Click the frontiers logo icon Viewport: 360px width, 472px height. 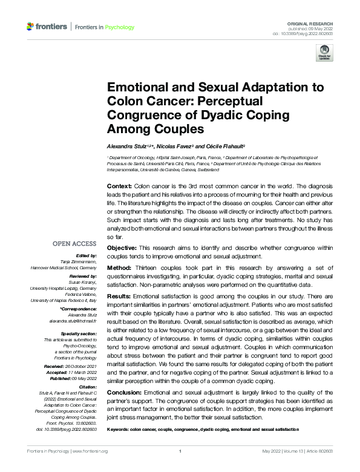click(x=31, y=27)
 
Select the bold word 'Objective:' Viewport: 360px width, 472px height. click(x=122, y=249)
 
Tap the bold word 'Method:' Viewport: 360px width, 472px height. click(x=119, y=267)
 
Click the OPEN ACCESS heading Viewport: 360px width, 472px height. click(x=76, y=244)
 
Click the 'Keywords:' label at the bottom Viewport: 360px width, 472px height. click(x=120, y=428)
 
